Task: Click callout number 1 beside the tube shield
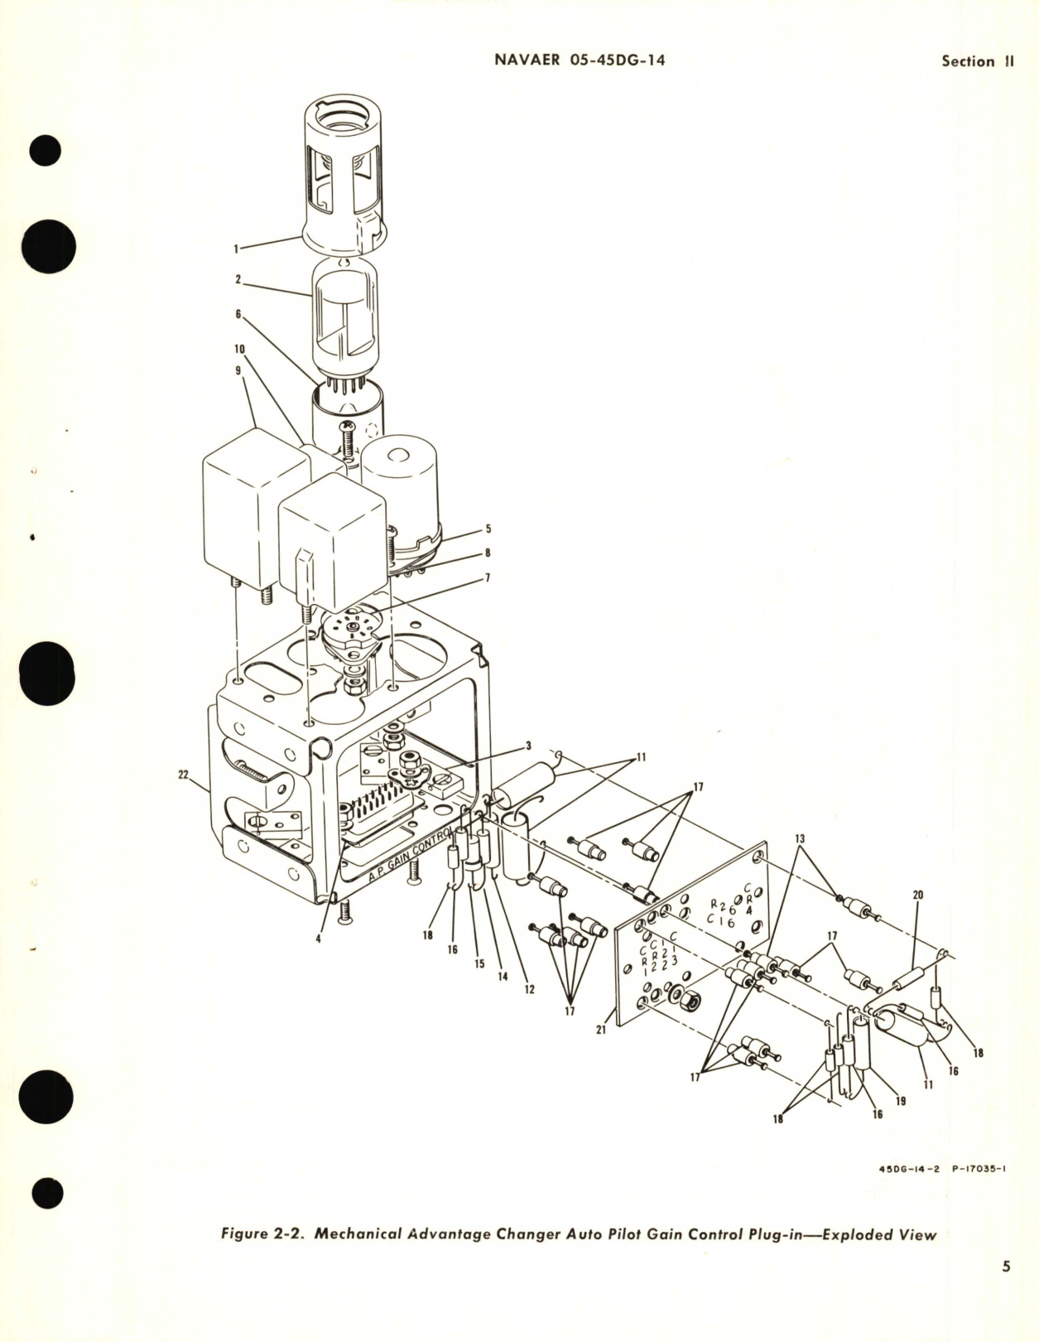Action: pos(236,248)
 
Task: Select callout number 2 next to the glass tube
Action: pos(238,280)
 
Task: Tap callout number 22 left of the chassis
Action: pos(183,775)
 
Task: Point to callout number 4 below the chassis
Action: pos(318,939)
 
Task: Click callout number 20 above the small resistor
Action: pos(917,895)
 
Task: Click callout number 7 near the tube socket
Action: pos(488,578)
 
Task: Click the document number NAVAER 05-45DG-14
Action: pos(579,60)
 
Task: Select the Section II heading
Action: pos(978,61)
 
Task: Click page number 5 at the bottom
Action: pos(1006,1289)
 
